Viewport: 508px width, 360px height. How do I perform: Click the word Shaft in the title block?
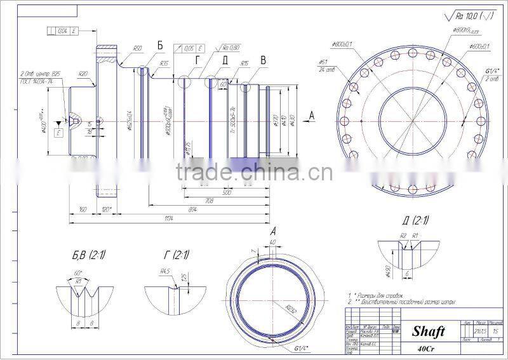click(428, 331)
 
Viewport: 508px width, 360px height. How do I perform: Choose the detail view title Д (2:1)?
click(416, 220)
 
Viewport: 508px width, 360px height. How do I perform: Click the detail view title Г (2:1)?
click(176, 255)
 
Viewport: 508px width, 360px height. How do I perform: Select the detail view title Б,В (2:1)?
click(89, 255)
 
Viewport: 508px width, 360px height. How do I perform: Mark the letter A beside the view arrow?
click(311, 114)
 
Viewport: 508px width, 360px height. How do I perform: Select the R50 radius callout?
click(137, 48)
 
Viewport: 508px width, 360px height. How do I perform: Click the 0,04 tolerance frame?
click(62, 30)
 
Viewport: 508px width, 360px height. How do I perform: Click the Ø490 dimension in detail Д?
click(387, 272)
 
